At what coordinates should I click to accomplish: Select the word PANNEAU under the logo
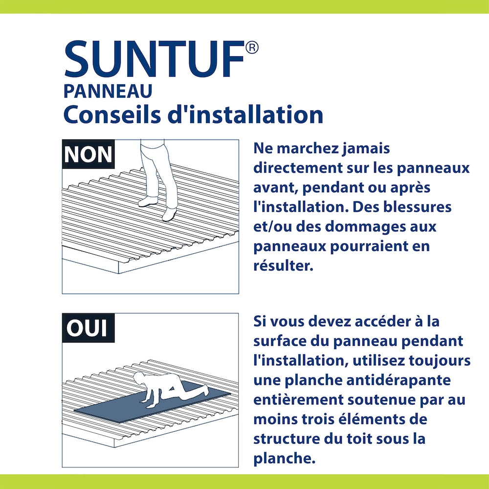click(x=108, y=91)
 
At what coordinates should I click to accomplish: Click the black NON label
click(x=89, y=155)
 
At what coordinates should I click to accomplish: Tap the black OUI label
click(x=88, y=328)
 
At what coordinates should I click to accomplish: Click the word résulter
click(x=283, y=266)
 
